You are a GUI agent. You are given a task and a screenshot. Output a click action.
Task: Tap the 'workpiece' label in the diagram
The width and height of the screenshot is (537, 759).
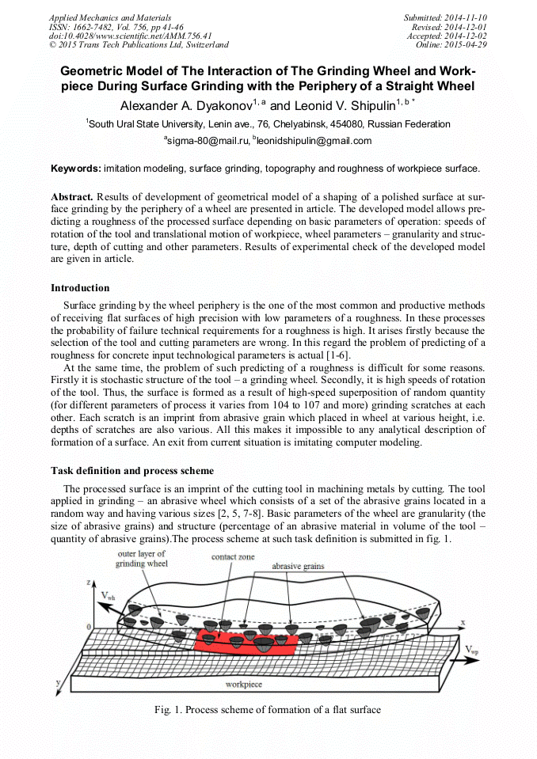pos(244,683)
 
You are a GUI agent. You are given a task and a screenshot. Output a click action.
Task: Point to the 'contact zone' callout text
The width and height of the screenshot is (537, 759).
pos(233,557)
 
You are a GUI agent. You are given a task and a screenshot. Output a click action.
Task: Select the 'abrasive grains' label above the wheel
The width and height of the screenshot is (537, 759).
pos(298,567)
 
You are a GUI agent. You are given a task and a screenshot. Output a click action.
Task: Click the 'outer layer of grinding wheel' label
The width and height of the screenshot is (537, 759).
pos(142,559)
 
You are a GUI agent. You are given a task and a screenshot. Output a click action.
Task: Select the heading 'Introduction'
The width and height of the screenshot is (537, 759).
pos(80,287)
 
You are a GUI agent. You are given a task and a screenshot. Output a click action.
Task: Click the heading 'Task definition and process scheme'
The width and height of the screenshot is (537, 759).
pos(131,470)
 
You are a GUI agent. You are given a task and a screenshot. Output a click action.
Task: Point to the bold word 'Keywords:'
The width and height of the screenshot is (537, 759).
pos(76,169)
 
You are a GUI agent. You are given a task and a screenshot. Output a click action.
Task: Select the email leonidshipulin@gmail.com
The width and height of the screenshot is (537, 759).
pos(314,141)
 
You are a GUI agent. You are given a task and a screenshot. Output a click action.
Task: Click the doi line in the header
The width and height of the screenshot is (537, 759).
pos(130,36)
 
